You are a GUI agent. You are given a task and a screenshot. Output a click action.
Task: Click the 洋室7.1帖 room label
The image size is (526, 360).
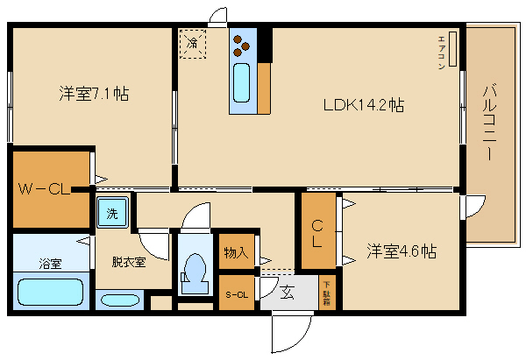coord(94,93)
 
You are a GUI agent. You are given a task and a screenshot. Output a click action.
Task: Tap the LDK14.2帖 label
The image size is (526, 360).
coord(363,105)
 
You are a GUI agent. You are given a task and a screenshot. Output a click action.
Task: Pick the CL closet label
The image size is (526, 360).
coord(318,232)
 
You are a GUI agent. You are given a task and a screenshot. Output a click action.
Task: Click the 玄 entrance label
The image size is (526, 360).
coord(288,293)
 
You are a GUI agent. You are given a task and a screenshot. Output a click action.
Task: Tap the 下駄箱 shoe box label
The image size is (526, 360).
coord(326,292)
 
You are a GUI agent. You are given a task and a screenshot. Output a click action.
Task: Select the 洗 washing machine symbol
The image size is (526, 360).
coord(112,213)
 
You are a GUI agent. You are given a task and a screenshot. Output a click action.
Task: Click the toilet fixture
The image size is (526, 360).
coord(195,270)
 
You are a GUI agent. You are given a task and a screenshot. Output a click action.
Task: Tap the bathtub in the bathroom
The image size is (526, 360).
coord(49,292)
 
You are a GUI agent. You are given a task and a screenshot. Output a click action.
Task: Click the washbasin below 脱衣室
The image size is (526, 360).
coord(119,300)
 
